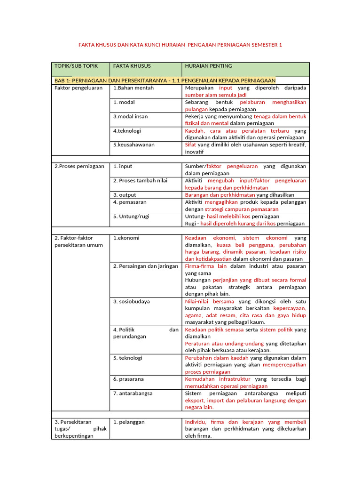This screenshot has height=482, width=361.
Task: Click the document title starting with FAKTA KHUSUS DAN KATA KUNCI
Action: coord(180,45)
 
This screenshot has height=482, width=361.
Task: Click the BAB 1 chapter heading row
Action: coord(165,80)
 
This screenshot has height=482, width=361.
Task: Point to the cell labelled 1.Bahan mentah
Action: coord(133,88)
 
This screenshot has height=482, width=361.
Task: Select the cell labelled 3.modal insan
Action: coord(131,116)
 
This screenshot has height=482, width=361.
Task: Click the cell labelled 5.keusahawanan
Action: coord(134,145)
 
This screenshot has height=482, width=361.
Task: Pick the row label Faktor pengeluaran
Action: coord(78,88)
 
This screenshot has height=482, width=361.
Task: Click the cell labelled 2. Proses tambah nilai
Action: coord(140,180)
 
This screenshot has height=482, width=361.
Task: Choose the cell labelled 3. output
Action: coord(125,194)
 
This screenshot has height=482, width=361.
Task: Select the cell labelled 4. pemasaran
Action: coord(130,202)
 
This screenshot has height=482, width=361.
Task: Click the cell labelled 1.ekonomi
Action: coord(126,238)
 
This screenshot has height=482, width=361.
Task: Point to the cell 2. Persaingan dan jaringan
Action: coord(146,266)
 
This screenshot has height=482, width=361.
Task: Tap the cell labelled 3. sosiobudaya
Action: coord(132,301)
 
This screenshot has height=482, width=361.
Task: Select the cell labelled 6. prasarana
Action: coord(128,379)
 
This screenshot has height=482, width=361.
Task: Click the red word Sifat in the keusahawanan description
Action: coord(190,145)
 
